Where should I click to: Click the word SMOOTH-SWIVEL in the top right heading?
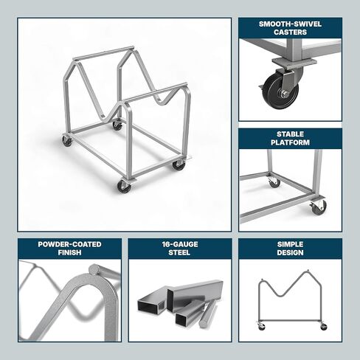pyautogui.click(x=290, y=24)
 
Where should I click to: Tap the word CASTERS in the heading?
pyautogui.click(x=290, y=32)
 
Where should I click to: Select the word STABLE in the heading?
pyautogui.click(x=290, y=134)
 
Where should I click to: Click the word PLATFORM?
pyautogui.click(x=290, y=142)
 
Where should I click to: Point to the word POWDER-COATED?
pyautogui.click(x=69, y=243)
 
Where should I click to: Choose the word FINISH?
pyautogui.click(x=69, y=252)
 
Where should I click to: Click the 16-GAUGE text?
pyautogui.click(x=179, y=243)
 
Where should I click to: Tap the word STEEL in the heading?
pyautogui.click(x=179, y=252)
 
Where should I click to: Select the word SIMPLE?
pyautogui.click(x=290, y=243)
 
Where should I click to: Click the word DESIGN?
pyautogui.click(x=290, y=252)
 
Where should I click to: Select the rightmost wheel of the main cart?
pyautogui.click(x=179, y=165)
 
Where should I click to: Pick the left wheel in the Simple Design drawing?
pyautogui.click(x=260, y=326)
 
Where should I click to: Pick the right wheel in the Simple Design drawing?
pyautogui.click(x=322, y=326)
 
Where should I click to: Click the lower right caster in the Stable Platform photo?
pyautogui.click(x=318, y=207)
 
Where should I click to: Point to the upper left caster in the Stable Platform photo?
pyautogui.click(x=274, y=181)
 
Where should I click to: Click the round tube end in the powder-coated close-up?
pyautogui.click(x=94, y=270)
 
